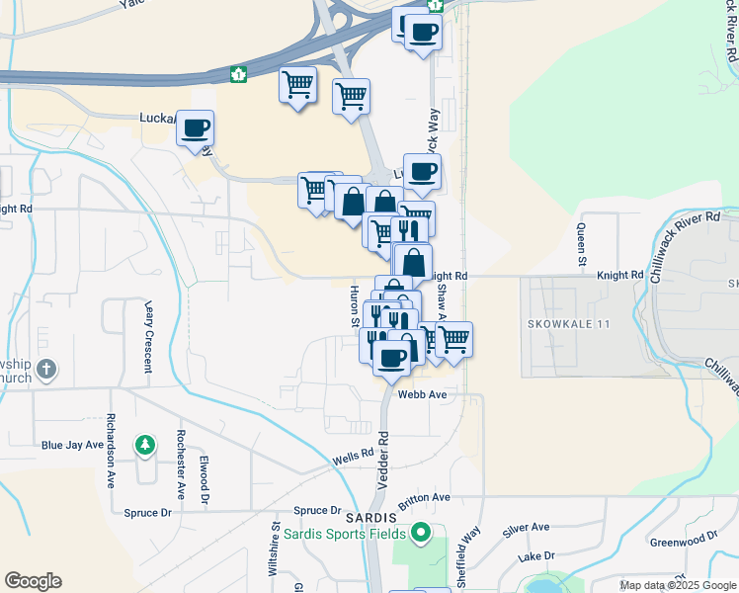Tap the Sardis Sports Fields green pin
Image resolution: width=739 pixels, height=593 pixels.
[423, 535]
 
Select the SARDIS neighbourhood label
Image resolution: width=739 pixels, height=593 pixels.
[370, 517]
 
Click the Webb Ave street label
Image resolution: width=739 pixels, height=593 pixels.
[423, 393]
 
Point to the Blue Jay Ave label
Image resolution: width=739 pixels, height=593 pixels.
[72, 446]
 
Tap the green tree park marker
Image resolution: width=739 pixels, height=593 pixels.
[146, 445]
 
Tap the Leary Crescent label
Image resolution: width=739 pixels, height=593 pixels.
[149, 337]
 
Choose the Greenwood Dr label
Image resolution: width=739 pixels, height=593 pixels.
[684, 540]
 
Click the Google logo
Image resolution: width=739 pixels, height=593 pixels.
[33, 581]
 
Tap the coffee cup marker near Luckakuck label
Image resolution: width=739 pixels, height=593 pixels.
[196, 128]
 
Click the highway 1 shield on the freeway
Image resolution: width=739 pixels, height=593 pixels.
[237, 73]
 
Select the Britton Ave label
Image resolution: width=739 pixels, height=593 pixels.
[424, 497]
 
